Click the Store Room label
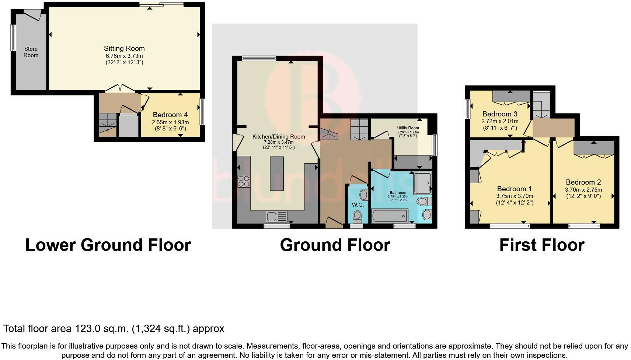[31, 52]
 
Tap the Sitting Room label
[124, 48]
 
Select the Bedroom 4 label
[170, 115]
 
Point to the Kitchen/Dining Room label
[279, 137]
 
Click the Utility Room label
[408, 128]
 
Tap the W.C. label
[358, 205]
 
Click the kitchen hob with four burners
[244, 181]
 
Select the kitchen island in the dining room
[277, 174]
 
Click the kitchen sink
[277, 217]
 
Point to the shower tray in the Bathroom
[422, 183]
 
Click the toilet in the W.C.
[358, 216]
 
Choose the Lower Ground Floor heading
[108, 245]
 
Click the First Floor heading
[542, 245]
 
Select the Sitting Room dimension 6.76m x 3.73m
[124, 56]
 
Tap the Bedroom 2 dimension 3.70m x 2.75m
[583, 189]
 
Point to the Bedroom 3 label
[500, 114]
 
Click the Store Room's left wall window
[13, 38]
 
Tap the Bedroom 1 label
[515, 189]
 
